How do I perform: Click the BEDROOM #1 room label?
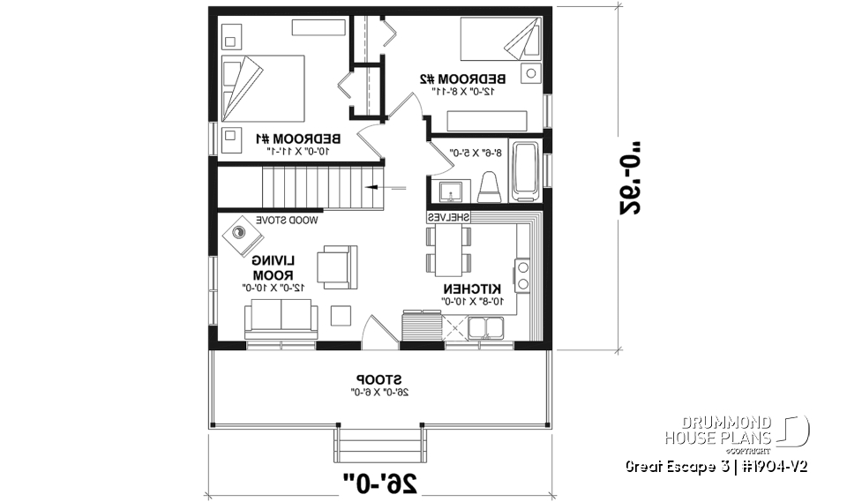tap(300, 139)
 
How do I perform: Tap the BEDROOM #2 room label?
tap(464, 77)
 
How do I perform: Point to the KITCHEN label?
tap(473, 288)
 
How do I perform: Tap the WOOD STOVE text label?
tap(288, 218)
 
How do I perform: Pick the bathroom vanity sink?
tap(447, 190)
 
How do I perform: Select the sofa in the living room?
tap(281, 317)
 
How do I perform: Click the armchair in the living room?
tap(338, 266)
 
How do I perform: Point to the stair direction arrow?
tap(388, 187)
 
